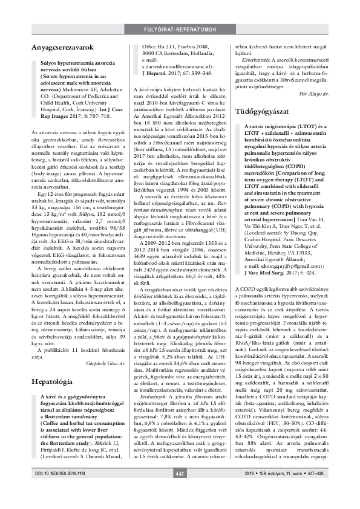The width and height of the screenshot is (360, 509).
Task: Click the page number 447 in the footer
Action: click(x=179, y=490)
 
